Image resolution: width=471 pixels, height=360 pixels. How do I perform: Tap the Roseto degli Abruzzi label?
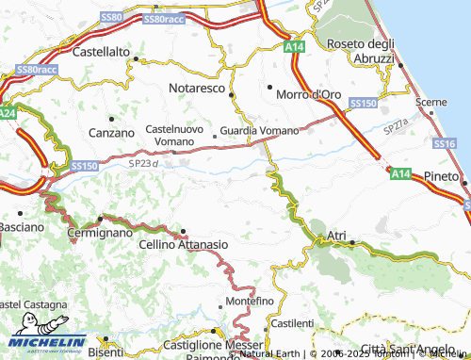tap(360, 51)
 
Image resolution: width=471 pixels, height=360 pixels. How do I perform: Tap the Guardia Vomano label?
tap(259, 131)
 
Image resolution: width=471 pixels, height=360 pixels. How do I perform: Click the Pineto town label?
tap(442, 176)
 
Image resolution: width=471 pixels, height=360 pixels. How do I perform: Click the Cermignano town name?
tap(100, 232)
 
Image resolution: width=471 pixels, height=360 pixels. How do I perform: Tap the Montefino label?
tap(249, 301)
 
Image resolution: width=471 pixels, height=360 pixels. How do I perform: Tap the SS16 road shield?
tap(446, 143)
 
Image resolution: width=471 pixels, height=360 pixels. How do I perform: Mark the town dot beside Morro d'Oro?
tap(269, 89)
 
